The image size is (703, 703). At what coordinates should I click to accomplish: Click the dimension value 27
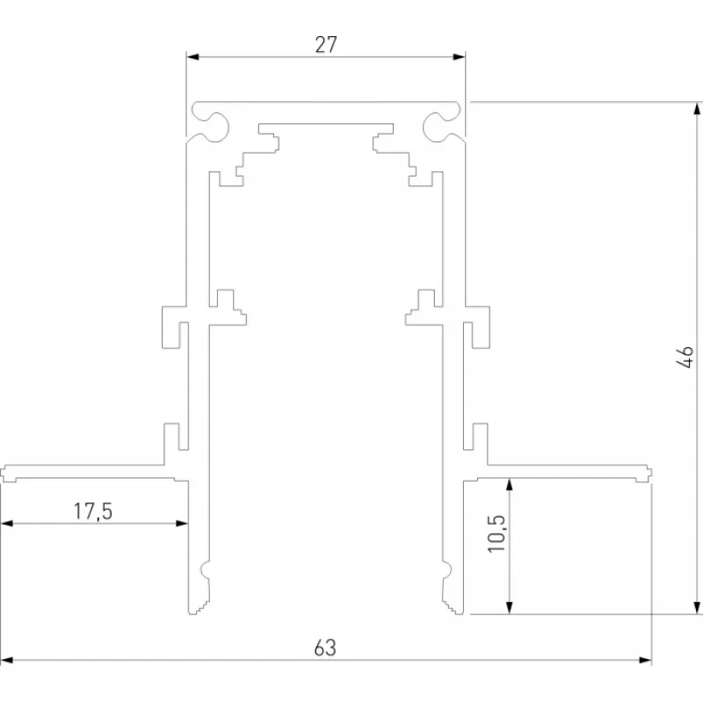pyautogui.click(x=326, y=45)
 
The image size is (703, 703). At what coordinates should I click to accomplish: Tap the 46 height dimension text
pyautogui.click(x=685, y=357)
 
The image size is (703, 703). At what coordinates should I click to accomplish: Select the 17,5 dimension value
pyautogui.click(x=93, y=511)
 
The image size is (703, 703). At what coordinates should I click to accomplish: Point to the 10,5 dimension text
pyautogui.click(x=496, y=533)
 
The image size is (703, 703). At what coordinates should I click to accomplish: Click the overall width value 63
pyautogui.click(x=325, y=648)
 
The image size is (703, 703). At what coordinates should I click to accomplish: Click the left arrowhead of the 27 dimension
pyautogui.click(x=192, y=57)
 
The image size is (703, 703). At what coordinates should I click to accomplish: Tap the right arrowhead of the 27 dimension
pyautogui.click(x=459, y=57)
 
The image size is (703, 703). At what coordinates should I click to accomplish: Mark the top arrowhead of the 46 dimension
pyautogui.click(x=697, y=109)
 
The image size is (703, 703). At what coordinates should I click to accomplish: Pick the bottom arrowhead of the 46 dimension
pyautogui.click(x=697, y=607)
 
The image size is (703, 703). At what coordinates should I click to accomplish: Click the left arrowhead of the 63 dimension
pyautogui.click(x=7, y=660)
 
